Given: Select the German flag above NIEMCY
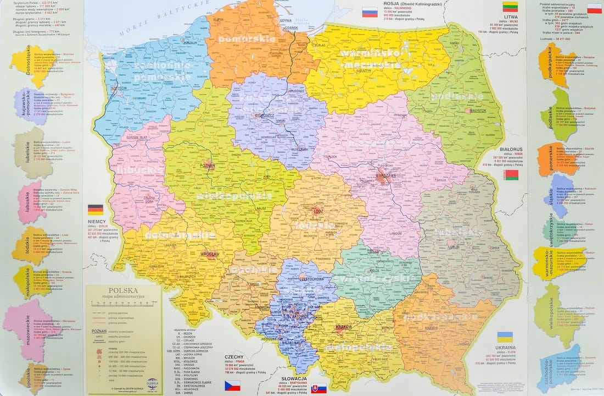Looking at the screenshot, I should [x=96, y=210].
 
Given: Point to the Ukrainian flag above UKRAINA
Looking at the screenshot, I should [x=505, y=337].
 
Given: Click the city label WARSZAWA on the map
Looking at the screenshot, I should [x=385, y=175].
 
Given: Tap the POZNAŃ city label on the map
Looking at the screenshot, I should [x=207, y=165].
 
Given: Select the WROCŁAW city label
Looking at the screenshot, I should [x=210, y=254].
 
